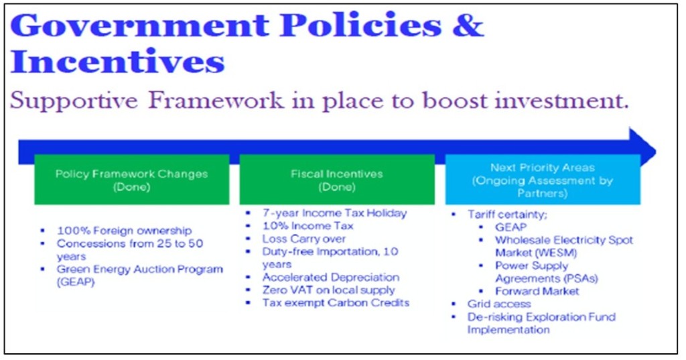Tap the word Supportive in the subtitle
tap(75, 101)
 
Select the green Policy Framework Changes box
tap(131, 179)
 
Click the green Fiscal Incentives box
tap(336, 179)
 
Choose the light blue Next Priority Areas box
tap(543, 180)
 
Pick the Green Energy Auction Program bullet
tap(139, 269)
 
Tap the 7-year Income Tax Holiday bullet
tap(334, 213)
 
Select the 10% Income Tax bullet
tap(307, 226)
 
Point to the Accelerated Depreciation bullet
tap(330, 277)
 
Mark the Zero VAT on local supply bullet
tap(328, 290)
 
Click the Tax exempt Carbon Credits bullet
tap(335, 302)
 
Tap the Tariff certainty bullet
tap(500, 215)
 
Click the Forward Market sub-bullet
tap(537, 291)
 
